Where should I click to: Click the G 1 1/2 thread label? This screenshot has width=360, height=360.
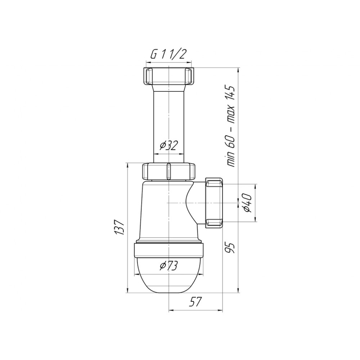pos(168,54)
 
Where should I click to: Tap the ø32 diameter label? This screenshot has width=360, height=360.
pos(169,145)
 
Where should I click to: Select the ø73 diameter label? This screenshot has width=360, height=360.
pos(169,266)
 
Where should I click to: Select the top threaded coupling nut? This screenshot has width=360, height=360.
pos(168,76)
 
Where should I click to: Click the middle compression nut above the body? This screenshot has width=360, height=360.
pos(168,171)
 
